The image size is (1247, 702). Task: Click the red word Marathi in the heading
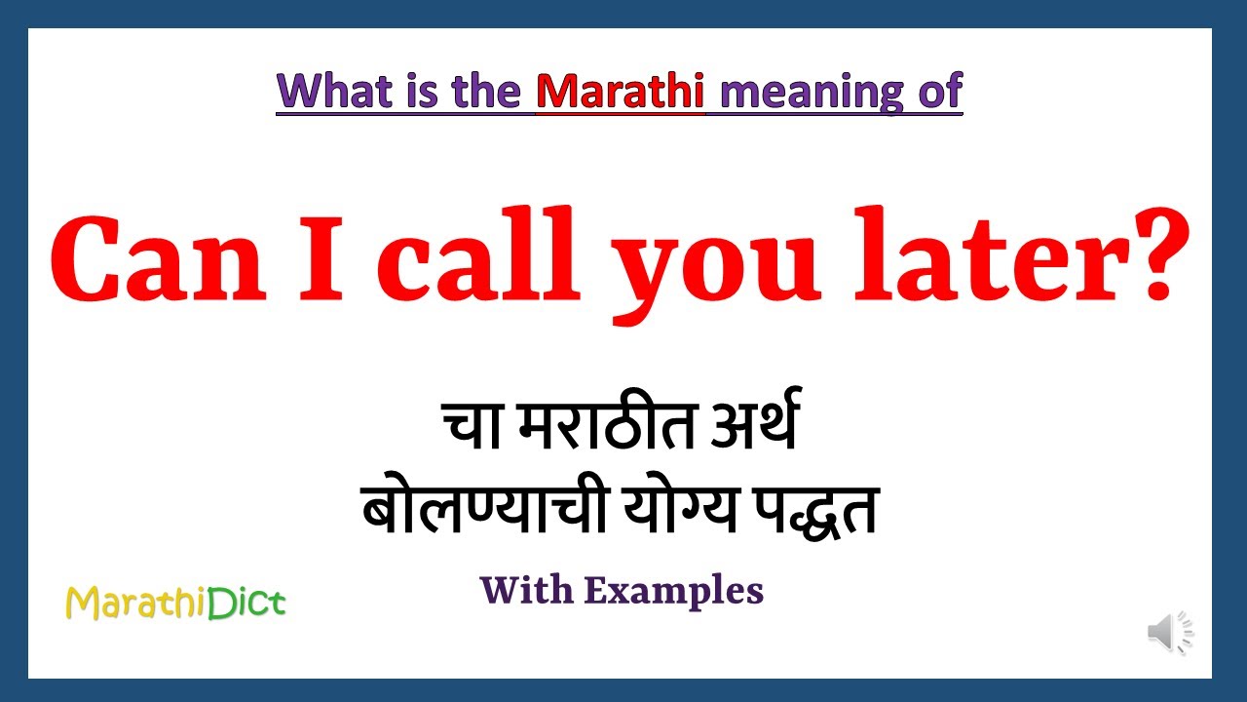pos(621,92)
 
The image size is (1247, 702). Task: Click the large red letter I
pos(330,258)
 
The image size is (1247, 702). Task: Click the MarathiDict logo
pos(175,604)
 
